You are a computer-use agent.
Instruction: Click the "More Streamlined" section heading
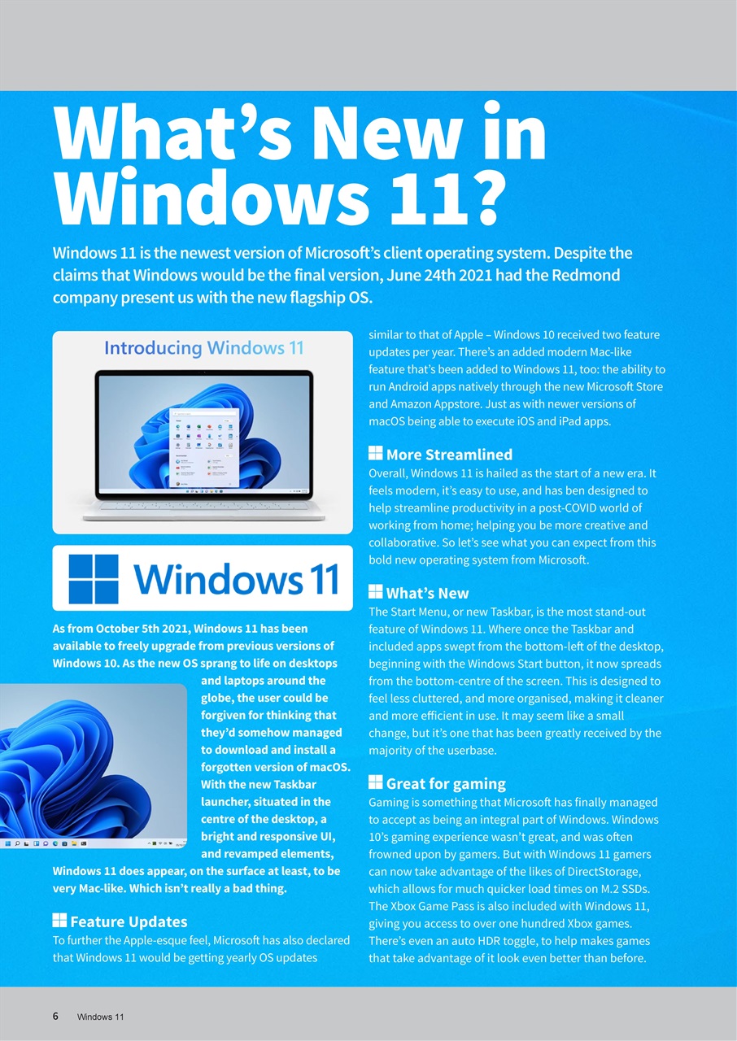(449, 455)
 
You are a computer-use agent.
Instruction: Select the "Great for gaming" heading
(446, 784)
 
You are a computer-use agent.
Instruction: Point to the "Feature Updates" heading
(129, 921)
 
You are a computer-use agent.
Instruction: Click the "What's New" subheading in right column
(427, 593)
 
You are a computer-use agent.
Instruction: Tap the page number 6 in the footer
(55, 1016)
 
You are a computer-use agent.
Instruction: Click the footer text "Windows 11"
(100, 1017)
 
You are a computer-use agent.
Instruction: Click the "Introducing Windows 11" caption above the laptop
(203, 348)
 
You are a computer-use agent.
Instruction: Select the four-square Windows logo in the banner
(94, 578)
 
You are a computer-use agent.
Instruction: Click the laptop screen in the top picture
(203, 434)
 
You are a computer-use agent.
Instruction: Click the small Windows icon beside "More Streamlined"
(375, 454)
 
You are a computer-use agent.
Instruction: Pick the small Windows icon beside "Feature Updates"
(59, 921)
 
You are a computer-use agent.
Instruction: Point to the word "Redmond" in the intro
(585, 275)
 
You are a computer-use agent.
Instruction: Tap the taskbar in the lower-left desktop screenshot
(93, 845)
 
